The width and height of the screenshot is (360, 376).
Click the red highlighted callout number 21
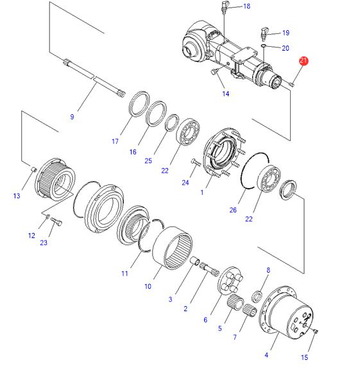coord(303,61)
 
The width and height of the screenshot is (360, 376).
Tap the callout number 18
coord(246,6)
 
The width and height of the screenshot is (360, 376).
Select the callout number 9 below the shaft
coord(72,117)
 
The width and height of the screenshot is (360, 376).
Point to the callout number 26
coord(233,210)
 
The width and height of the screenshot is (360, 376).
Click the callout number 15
coord(304,357)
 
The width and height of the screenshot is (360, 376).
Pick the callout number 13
coord(17,196)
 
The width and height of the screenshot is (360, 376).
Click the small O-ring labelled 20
coord(263,46)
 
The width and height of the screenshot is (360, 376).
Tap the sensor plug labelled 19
coord(264,34)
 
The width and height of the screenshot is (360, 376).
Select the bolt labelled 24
coord(196,162)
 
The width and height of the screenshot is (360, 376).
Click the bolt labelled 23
coord(56,221)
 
